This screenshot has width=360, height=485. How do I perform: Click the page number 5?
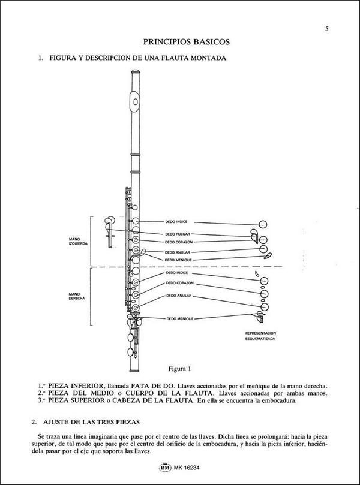[326, 28]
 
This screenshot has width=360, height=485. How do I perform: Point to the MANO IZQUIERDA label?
[79, 242]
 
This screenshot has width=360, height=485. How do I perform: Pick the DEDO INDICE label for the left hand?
[178, 222]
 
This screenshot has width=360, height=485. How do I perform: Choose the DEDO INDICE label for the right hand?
[178, 273]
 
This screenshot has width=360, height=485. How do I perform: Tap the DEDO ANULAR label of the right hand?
[179, 296]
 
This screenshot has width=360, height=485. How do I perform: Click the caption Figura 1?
[181, 367]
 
